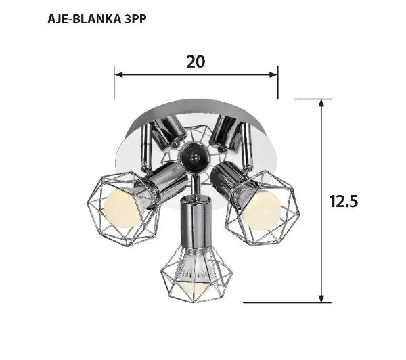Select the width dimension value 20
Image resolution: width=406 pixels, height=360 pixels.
[x=195, y=62]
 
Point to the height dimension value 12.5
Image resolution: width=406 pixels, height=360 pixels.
[x=343, y=201]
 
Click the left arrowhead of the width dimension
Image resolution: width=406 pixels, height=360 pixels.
[x=118, y=74]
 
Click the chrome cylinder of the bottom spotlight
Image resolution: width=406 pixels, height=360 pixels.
[x=194, y=223]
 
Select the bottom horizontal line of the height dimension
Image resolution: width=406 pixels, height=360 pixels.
[x=284, y=302]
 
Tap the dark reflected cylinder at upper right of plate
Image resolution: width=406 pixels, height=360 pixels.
[x=227, y=133]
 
